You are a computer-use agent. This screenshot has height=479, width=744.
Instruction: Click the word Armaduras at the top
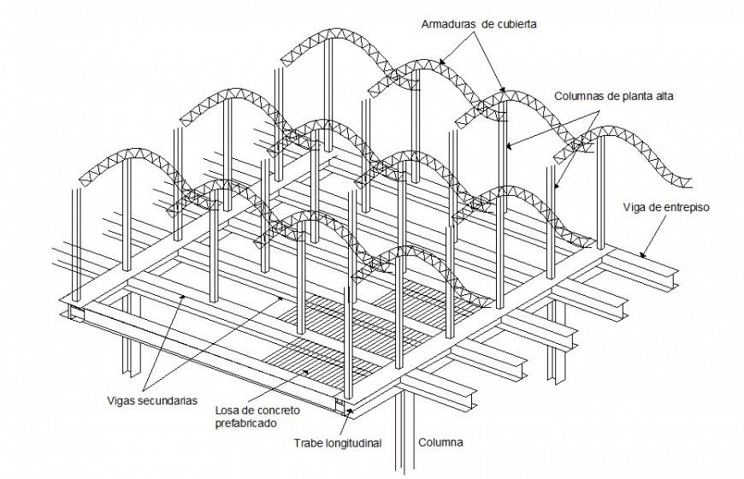[x=448, y=23]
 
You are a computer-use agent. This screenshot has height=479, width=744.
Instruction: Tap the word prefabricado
[x=245, y=422]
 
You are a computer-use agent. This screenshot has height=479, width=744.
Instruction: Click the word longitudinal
[x=353, y=443]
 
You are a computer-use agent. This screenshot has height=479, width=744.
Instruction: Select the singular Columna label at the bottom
[x=440, y=442]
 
